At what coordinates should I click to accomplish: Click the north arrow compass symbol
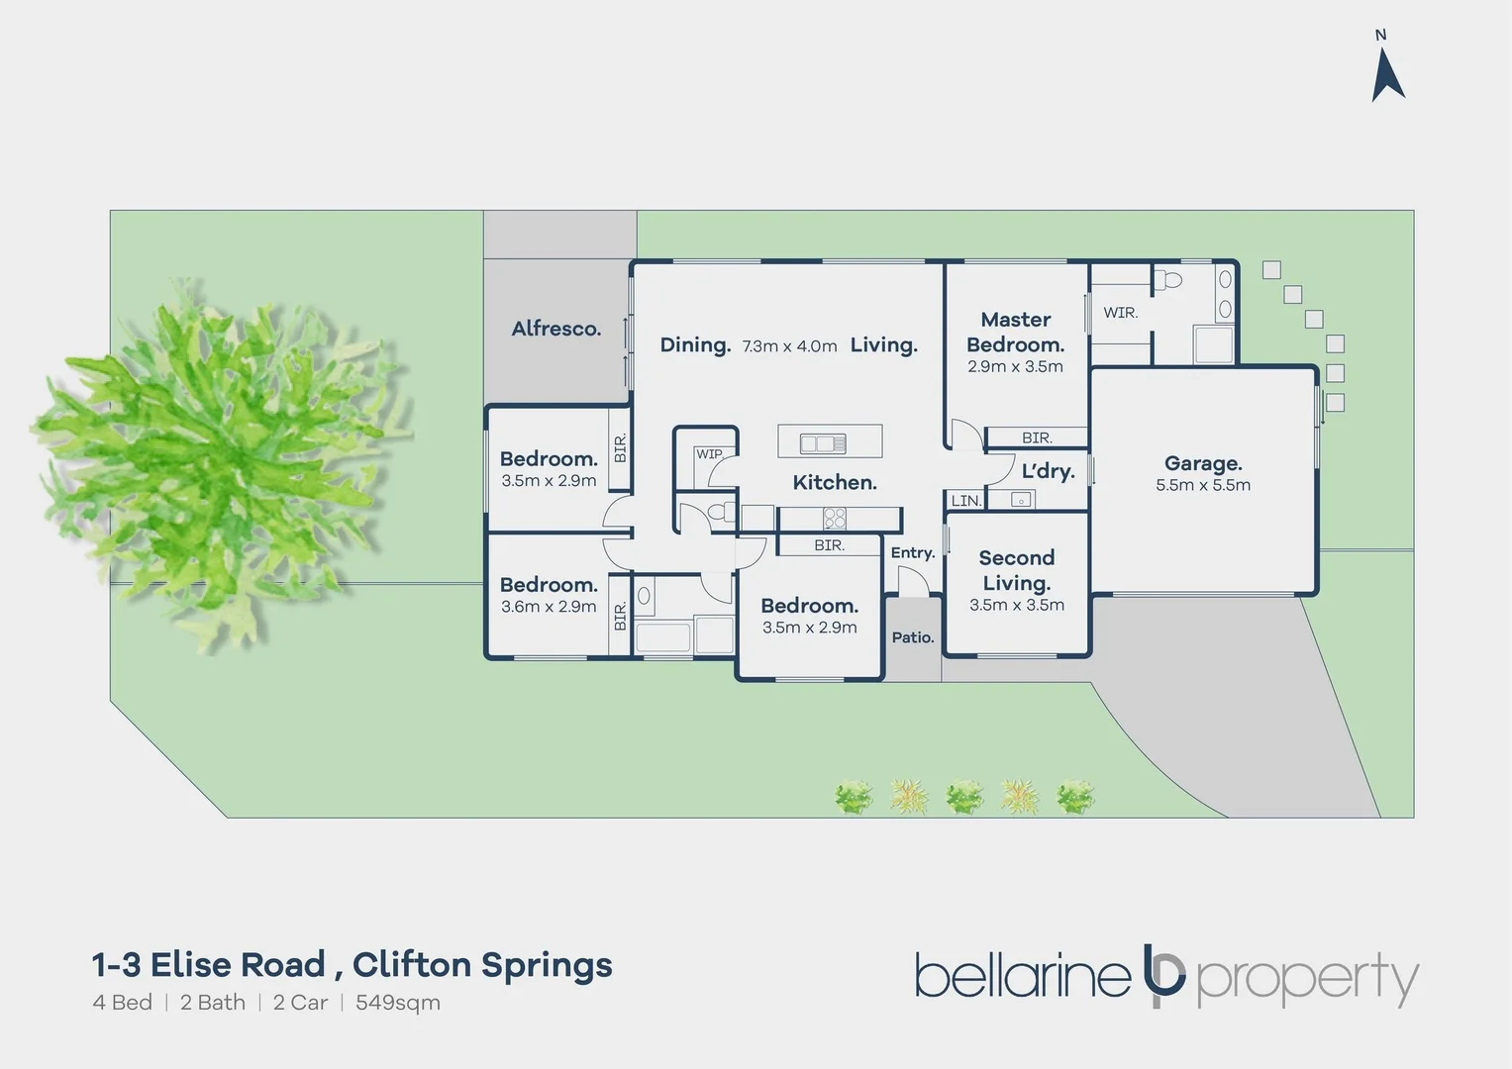(1388, 77)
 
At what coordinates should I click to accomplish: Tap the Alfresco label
(556, 329)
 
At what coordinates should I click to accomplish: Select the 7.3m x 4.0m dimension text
(789, 346)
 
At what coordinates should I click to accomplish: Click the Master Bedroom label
(1016, 332)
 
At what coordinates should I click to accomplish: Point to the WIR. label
(1121, 313)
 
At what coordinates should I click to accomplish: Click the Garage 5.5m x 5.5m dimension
(1203, 485)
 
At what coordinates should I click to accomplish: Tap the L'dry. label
(1048, 470)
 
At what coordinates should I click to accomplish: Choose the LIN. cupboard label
(966, 501)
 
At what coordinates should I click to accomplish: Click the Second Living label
(1017, 570)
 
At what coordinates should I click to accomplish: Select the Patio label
(913, 637)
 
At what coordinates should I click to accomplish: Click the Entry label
(913, 553)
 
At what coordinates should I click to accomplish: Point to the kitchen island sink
(823, 443)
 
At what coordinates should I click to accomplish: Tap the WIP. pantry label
(709, 454)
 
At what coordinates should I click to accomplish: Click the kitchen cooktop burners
(835, 519)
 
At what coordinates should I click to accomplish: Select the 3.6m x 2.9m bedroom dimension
(549, 606)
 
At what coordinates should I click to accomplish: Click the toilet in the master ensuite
(1167, 279)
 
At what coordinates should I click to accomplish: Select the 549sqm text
(398, 1003)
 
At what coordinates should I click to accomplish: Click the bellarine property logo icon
(1163, 976)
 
